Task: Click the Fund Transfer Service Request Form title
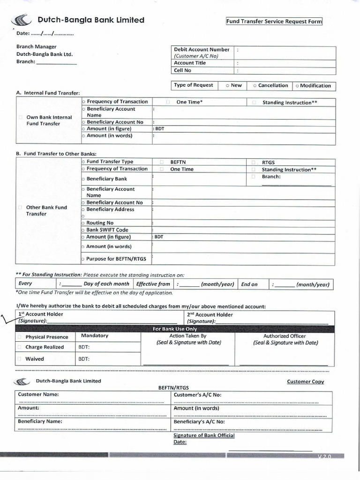click(274, 22)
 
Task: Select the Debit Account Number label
click(202, 49)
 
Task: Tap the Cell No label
click(182, 70)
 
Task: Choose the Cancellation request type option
click(270, 86)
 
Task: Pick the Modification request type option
click(313, 86)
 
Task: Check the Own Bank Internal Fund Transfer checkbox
click(20, 117)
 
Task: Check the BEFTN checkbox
click(162, 161)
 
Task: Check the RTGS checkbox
click(254, 161)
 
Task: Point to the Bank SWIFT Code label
click(107, 230)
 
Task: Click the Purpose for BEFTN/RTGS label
click(116, 259)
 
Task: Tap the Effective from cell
click(153, 284)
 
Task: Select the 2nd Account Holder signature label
click(210, 318)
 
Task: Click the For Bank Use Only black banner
click(175, 329)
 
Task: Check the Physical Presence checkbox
click(20, 337)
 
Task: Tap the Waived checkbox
click(20, 359)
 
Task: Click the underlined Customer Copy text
click(305, 382)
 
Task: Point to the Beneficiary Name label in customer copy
click(40, 421)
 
